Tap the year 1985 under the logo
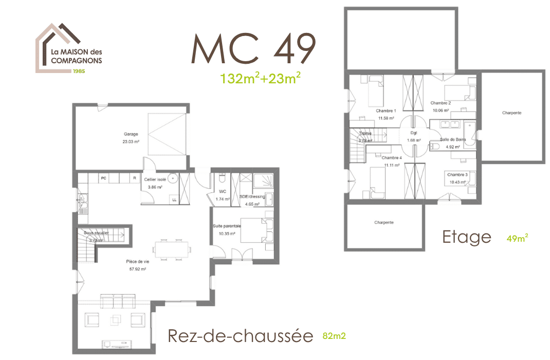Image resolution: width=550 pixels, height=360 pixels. [x=79, y=70]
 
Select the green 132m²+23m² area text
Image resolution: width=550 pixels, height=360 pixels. [x=260, y=79]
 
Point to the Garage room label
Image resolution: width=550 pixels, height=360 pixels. [x=131, y=134]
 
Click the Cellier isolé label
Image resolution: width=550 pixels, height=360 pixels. [x=155, y=179]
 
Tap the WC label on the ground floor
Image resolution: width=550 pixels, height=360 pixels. [x=223, y=191]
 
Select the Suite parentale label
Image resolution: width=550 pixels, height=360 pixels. [x=227, y=226]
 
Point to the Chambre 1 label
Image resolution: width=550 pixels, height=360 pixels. [x=386, y=111]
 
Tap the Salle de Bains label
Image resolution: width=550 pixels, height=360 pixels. [x=452, y=139]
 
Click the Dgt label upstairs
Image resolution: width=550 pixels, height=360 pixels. [x=414, y=133]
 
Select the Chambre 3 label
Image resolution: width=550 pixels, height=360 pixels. [x=457, y=175]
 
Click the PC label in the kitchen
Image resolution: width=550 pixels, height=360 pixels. [x=103, y=178]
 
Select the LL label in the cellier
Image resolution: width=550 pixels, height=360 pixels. [x=174, y=199]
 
